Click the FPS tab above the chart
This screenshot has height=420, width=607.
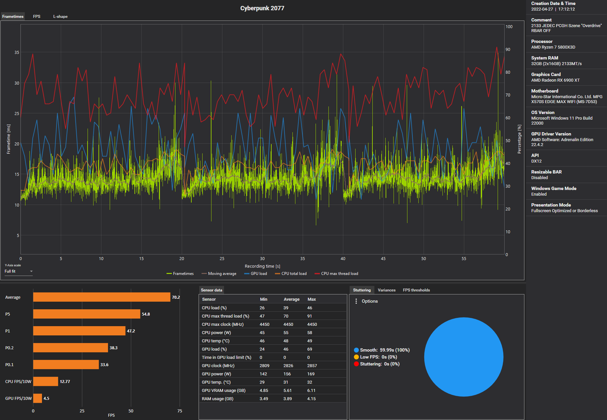(x=37, y=17)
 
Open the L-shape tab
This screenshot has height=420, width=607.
(x=60, y=17)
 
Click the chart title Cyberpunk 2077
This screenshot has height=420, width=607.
(x=262, y=8)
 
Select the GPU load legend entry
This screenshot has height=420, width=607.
(x=258, y=274)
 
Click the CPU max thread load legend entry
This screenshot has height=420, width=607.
(x=339, y=274)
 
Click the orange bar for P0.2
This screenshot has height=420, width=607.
(x=70, y=348)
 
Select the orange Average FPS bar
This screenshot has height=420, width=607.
(x=101, y=297)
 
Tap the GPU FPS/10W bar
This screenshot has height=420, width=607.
(x=37, y=398)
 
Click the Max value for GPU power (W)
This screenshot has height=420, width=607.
(x=311, y=374)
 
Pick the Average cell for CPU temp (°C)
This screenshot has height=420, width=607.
(x=286, y=341)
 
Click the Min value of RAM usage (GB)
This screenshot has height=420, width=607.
(x=264, y=399)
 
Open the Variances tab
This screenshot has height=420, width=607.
(x=387, y=290)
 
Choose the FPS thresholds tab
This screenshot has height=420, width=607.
(x=416, y=290)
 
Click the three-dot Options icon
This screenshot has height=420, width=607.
(x=356, y=301)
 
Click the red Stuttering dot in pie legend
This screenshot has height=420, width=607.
(x=356, y=364)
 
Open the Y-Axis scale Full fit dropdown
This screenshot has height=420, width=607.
(x=19, y=271)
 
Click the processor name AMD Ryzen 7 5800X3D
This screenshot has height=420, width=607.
(x=553, y=47)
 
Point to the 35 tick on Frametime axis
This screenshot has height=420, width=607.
(x=17, y=53)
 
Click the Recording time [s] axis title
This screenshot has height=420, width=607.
(x=262, y=266)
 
